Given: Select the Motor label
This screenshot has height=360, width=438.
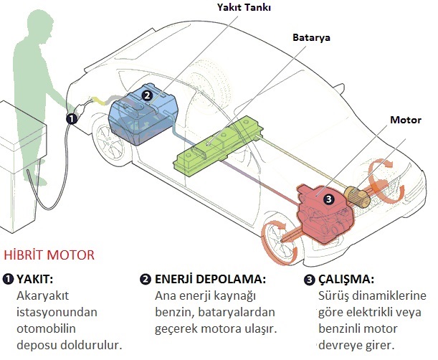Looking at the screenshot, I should [x=406, y=120].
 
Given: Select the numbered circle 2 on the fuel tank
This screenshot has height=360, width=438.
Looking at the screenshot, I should [x=147, y=95].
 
